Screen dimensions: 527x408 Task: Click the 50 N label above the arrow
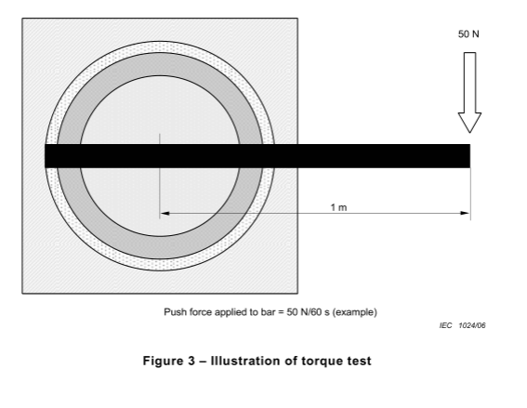(468, 34)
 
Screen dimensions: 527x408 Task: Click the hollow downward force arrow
(469, 92)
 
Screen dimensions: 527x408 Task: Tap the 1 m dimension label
(338, 207)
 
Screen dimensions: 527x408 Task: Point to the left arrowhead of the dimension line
(165, 213)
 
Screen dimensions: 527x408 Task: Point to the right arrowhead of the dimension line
(465, 213)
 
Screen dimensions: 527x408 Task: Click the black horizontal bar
(257, 156)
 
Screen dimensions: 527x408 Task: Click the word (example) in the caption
(354, 312)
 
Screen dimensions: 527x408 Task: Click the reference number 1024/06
(472, 325)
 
